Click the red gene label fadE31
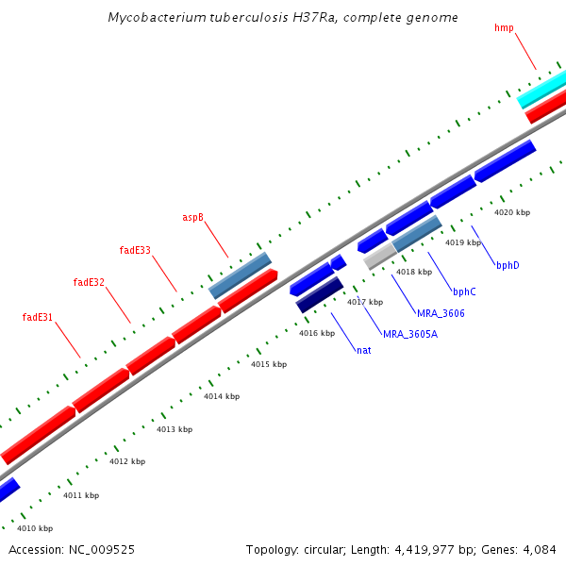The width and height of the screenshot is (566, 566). point(38,317)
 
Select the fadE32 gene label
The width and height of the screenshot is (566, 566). point(89,282)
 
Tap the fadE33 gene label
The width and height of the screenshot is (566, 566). point(135,250)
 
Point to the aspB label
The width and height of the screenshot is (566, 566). point(192,217)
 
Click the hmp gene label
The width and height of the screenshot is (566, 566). point(504,27)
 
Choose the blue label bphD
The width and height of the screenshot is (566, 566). point(508,265)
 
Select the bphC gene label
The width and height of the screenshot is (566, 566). point(464,291)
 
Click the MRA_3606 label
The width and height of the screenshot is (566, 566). point(441,312)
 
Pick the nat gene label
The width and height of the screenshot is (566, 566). point(363,350)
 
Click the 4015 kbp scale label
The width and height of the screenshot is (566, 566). point(268,364)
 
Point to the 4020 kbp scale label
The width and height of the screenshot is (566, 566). point(512,212)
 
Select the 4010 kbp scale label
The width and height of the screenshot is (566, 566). point(35,528)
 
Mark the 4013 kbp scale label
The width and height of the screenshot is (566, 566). point(175,429)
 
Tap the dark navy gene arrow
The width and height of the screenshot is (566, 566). point(320,294)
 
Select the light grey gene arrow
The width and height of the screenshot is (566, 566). point(379,255)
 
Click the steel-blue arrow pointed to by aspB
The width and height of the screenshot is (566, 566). point(240,275)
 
